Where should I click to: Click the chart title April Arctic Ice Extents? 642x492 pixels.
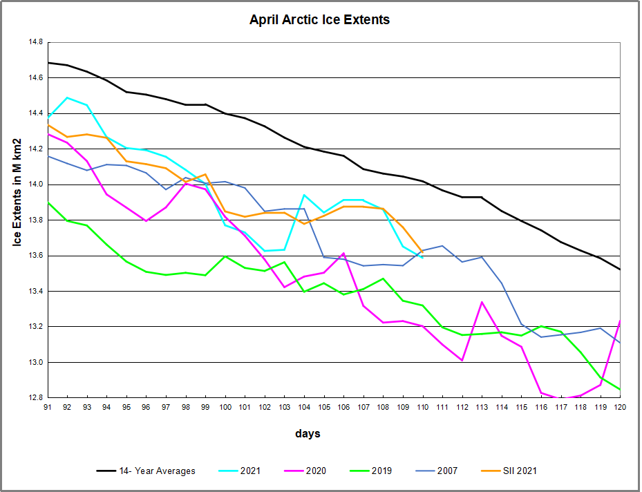(x=319, y=20)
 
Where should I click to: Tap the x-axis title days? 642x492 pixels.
(x=308, y=434)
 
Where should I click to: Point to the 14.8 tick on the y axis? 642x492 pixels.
(x=35, y=43)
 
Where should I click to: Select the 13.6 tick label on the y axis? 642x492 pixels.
(x=35, y=256)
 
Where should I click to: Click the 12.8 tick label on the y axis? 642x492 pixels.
(x=35, y=398)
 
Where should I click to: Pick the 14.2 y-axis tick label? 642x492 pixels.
(x=35, y=149)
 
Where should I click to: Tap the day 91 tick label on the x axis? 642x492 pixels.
(x=48, y=408)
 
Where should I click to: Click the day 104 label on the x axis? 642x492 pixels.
(x=304, y=408)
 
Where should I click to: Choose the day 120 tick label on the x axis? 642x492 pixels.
(x=620, y=408)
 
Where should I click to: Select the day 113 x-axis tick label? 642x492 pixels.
(x=482, y=408)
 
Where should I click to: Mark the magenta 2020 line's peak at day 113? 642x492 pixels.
(x=482, y=302)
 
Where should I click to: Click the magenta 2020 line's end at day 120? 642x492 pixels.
(x=620, y=321)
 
